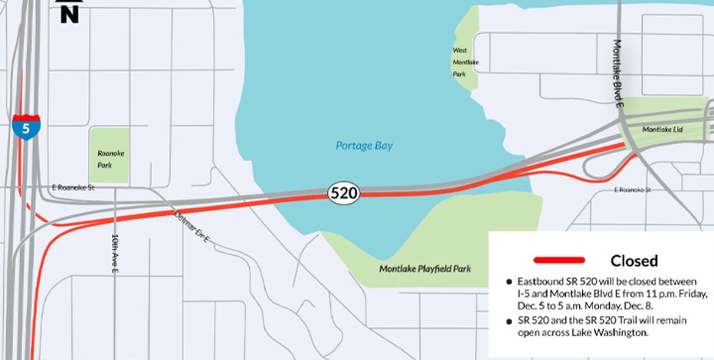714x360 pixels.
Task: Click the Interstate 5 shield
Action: click(x=26, y=126)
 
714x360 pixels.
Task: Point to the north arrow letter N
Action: click(x=70, y=13)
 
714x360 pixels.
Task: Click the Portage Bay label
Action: click(x=364, y=146)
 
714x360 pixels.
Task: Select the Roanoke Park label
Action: click(x=110, y=159)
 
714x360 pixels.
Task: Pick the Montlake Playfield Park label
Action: click(x=425, y=269)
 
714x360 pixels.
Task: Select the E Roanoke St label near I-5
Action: click(x=73, y=187)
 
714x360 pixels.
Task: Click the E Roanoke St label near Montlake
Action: click(x=632, y=189)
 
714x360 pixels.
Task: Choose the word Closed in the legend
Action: click(x=634, y=261)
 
